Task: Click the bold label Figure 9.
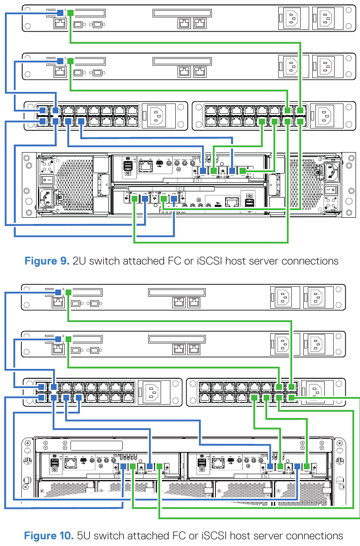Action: pos(46,261)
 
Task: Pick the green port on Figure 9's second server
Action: pos(70,60)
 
